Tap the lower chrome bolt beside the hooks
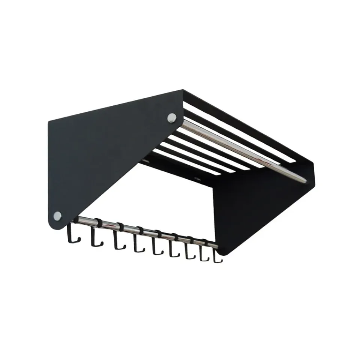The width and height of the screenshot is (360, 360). click(57, 216)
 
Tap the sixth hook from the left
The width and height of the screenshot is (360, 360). click(173, 251)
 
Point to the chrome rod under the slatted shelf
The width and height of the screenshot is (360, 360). click(240, 150)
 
